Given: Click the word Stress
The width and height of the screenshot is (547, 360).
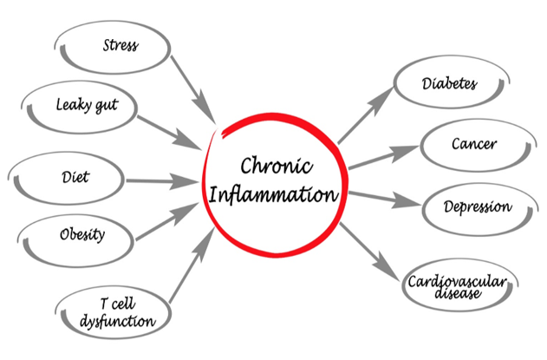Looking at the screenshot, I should coord(120,44).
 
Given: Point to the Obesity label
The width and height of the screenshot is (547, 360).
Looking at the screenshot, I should coord(83,234).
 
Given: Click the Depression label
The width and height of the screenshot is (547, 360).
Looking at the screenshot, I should coord(479,208).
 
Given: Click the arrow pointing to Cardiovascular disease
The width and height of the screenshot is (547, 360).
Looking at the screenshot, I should coord(372,252).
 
